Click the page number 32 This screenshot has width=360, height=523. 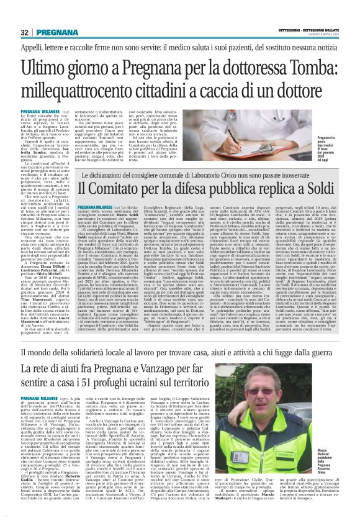[x=25, y=32]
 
